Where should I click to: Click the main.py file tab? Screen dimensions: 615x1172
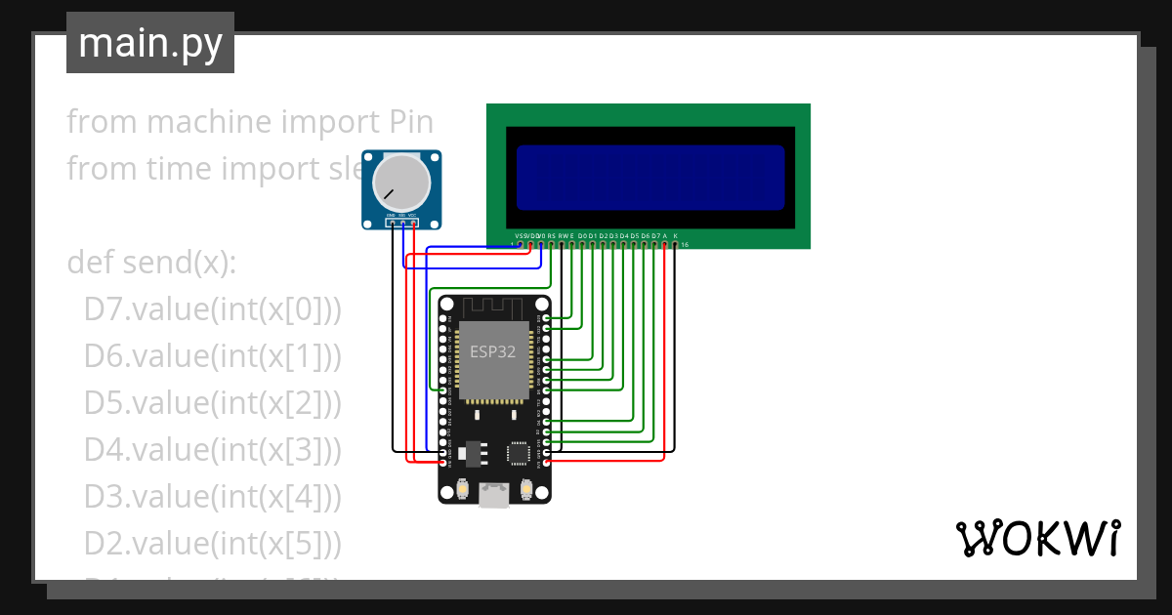149,43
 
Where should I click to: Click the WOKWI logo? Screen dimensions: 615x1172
1036,538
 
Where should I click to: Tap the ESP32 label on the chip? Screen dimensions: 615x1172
493,352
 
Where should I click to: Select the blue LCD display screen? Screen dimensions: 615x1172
650,177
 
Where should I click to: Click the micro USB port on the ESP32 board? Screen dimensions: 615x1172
494,497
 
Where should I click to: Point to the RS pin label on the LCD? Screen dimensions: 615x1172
551,235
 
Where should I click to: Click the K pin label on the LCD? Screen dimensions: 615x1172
675,235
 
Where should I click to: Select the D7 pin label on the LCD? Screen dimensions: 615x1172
655,235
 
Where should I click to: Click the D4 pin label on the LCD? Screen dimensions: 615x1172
624,235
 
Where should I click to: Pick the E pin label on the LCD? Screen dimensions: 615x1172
571,235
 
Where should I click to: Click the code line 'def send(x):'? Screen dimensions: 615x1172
151,263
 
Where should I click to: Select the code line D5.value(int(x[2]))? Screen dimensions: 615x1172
212,402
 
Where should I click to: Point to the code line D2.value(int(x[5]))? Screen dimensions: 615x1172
212,543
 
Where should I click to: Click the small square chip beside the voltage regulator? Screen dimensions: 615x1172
519,453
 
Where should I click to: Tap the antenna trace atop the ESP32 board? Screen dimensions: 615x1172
493,306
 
